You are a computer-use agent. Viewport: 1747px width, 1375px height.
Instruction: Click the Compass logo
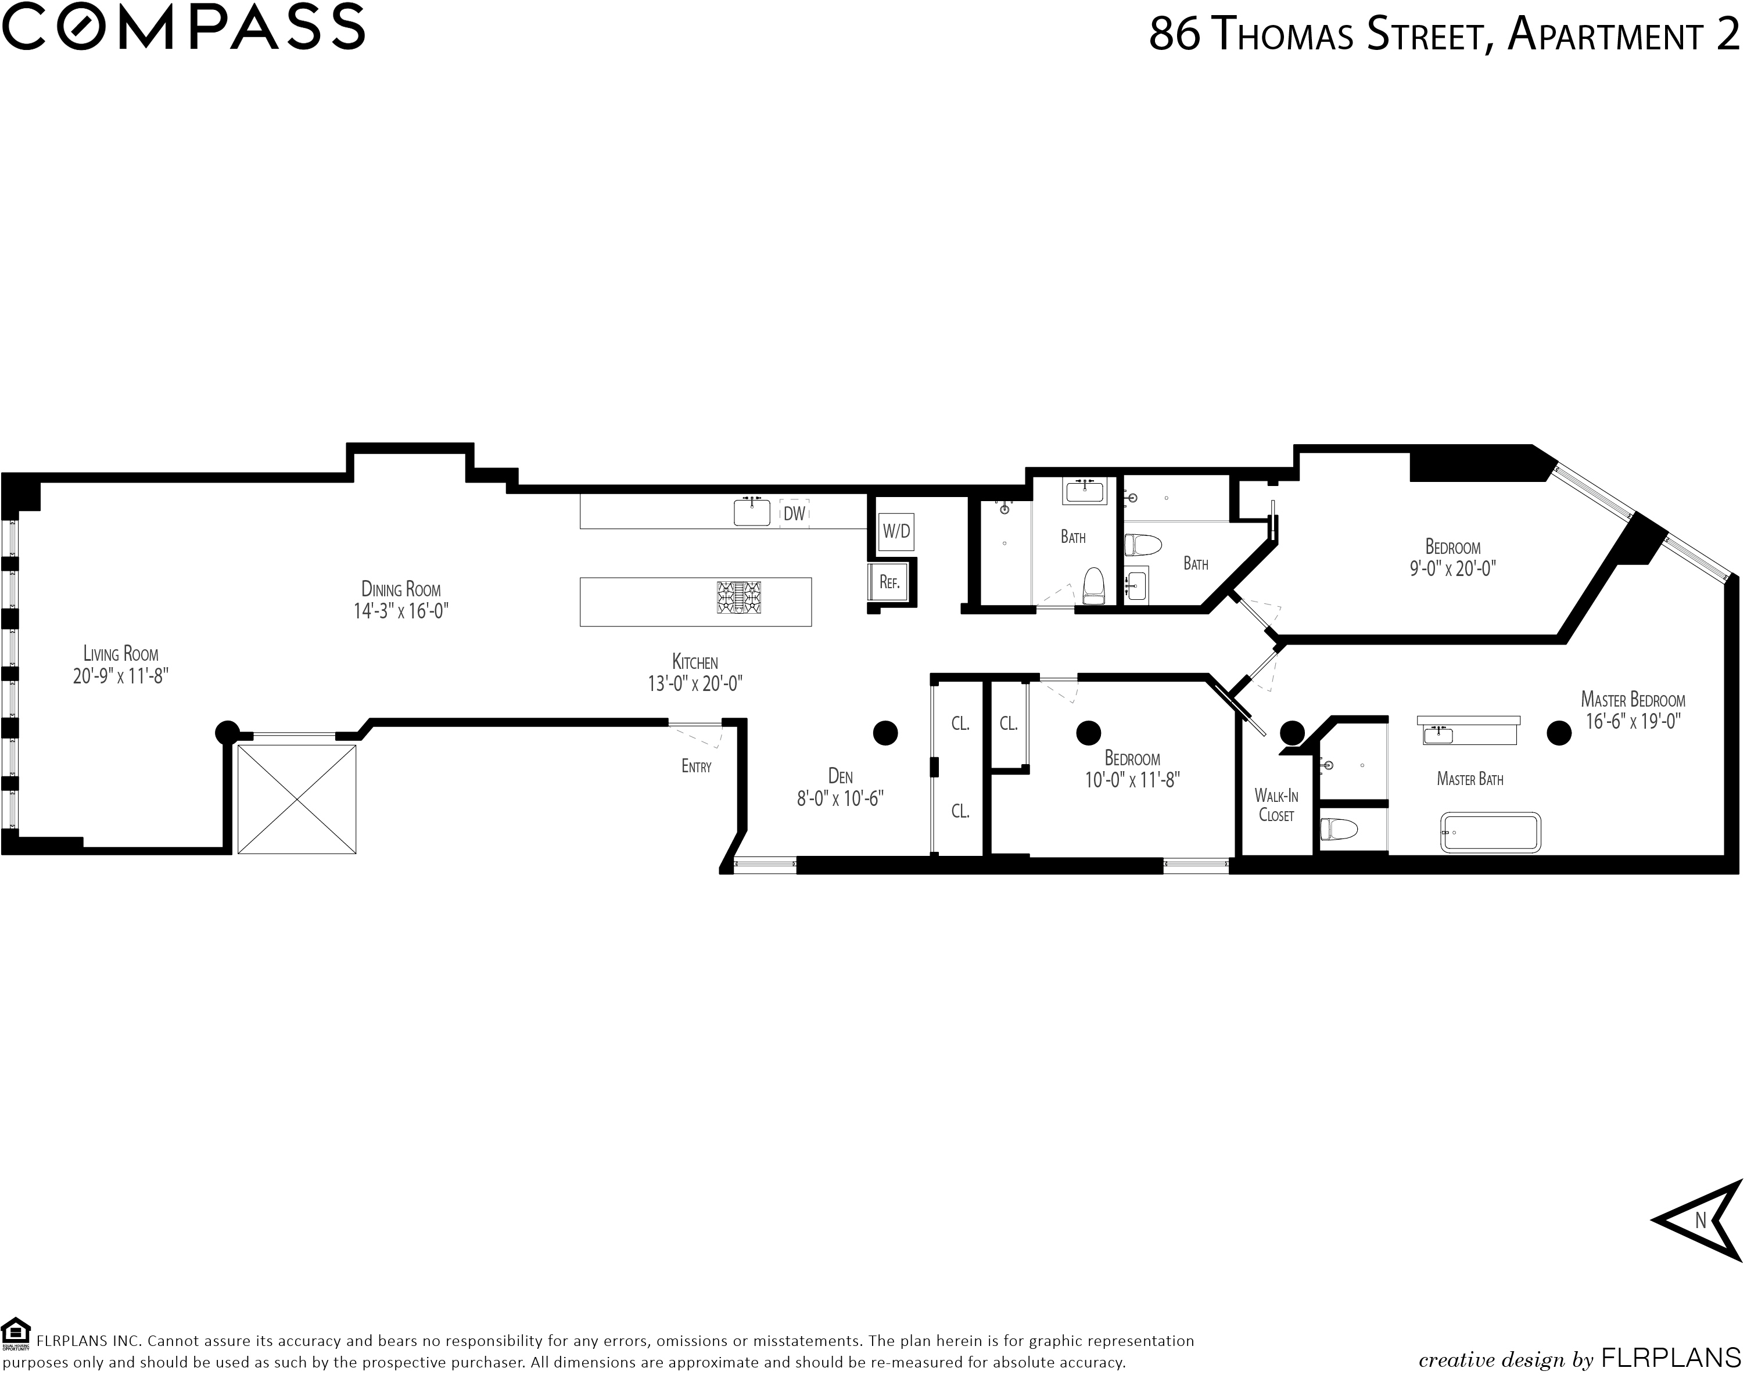coord(183,27)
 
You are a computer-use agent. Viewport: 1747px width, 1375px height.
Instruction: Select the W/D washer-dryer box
coord(896,531)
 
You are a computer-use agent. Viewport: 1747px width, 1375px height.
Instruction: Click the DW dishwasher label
coord(794,514)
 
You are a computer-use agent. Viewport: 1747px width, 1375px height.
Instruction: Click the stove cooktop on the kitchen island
coord(740,598)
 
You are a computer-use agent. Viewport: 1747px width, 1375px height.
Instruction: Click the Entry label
coord(696,766)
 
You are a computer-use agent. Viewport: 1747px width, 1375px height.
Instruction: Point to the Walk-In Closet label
coord(1276,805)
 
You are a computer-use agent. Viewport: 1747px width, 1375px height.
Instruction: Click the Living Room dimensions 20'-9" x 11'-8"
coord(121,675)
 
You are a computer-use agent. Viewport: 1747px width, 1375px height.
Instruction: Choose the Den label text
coord(840,776)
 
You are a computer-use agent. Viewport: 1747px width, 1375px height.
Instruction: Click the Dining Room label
coord(400,589)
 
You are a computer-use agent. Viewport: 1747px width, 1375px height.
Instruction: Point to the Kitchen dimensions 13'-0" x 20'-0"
coord(695,683)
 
